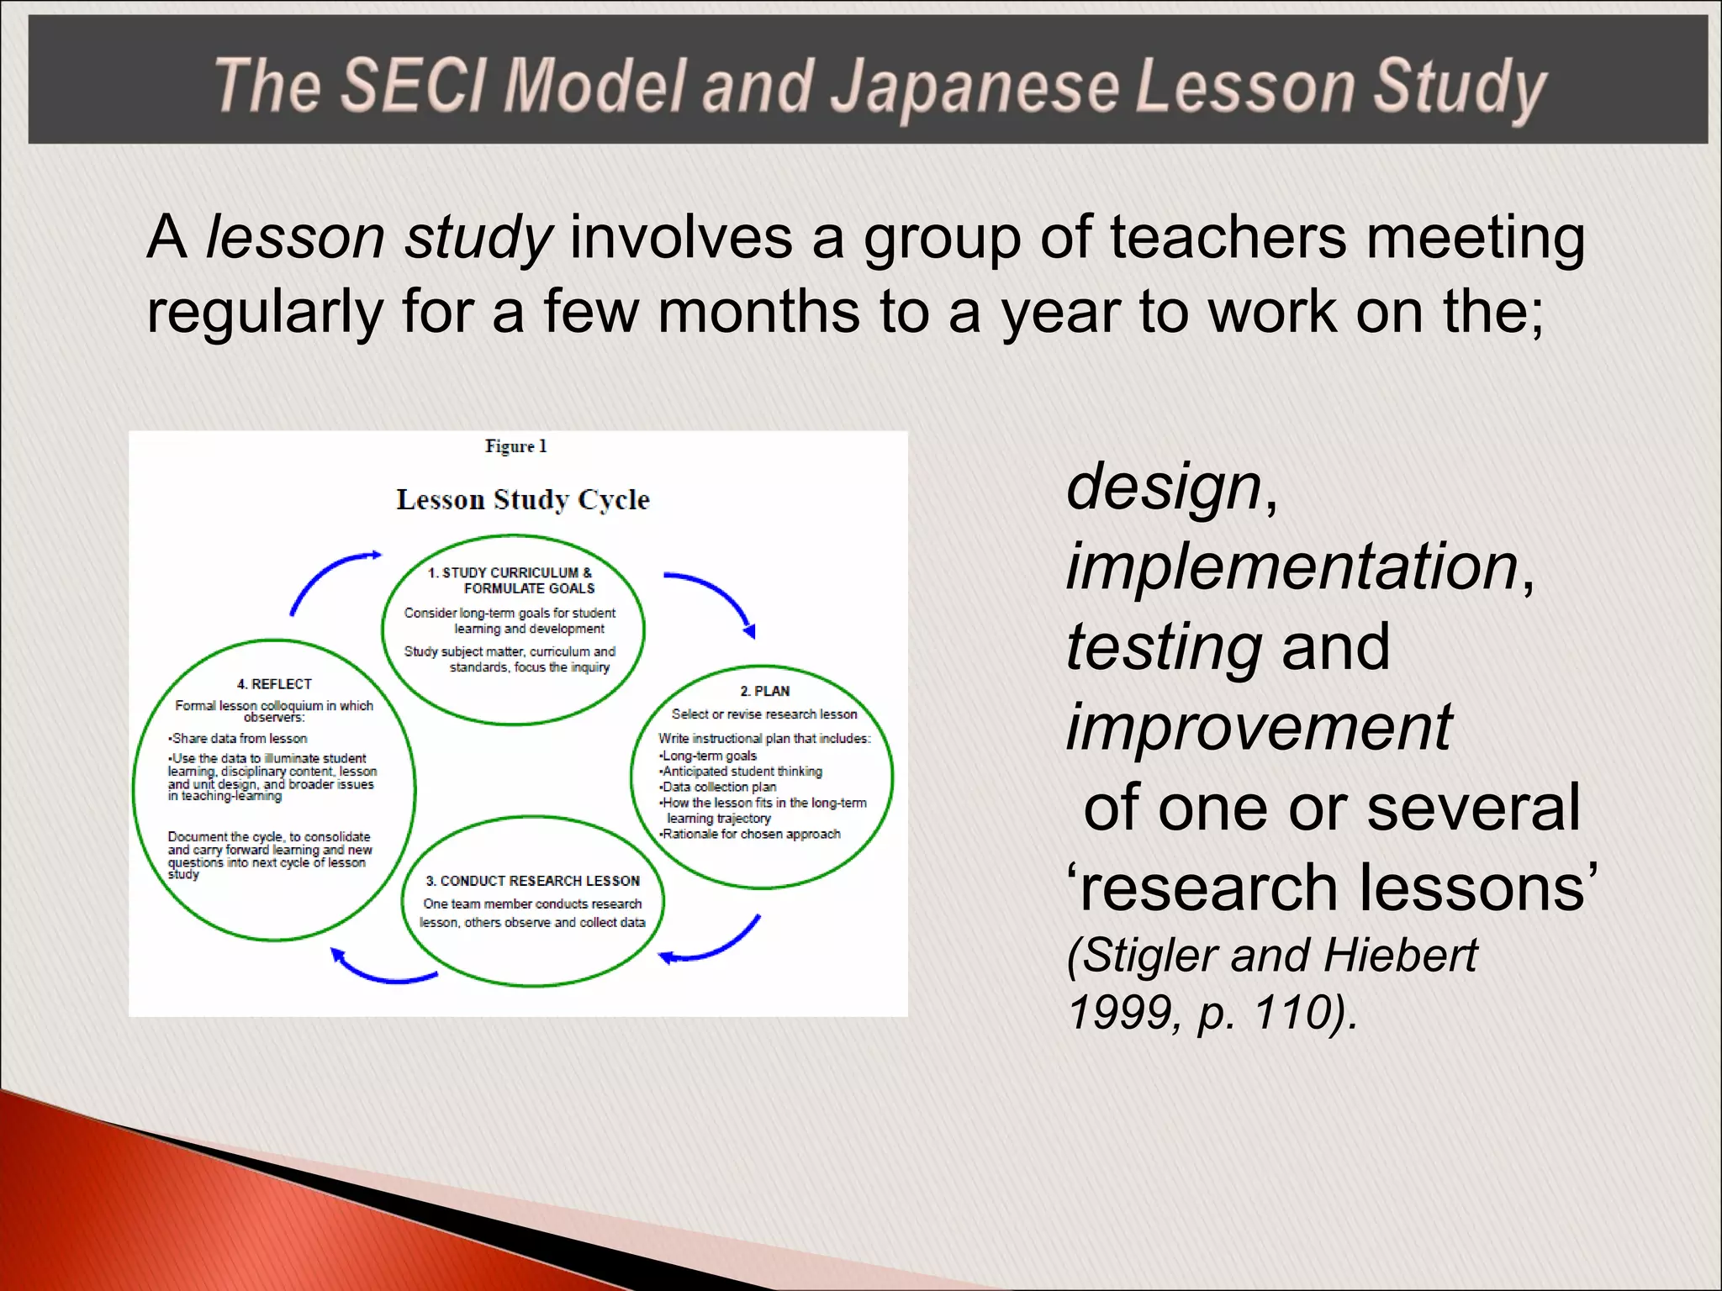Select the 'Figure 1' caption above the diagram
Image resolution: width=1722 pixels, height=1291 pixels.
tap(515, 446)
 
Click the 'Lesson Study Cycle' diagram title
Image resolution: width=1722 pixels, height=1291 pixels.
tap(523, 500)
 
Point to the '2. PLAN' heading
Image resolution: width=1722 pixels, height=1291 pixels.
tap(764, 691)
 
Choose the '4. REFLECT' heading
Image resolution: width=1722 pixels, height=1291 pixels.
tap(274, 684)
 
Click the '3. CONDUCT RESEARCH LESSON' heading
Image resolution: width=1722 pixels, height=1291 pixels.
tap(532, 881)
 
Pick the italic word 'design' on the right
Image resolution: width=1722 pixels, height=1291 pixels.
tap(1164, 487)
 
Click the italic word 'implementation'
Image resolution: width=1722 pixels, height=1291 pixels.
tap(1291, 566)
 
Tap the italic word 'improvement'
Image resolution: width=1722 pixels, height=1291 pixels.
tap(1259, 727)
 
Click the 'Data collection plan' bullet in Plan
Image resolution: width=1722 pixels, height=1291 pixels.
tap(719, 787)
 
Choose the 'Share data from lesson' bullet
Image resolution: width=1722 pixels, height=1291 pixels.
tap(239, 738)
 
